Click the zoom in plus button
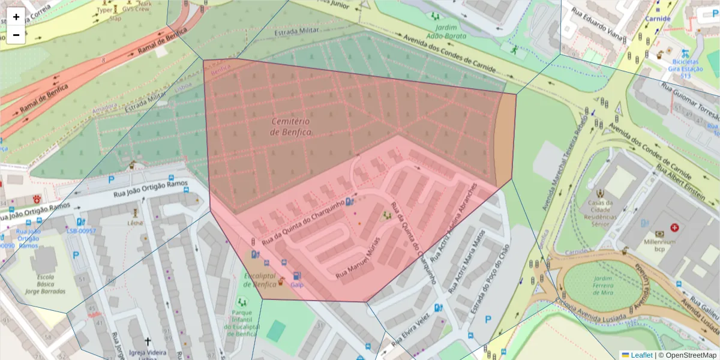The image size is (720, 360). coord(16,17)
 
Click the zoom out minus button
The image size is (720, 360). coord(16,35)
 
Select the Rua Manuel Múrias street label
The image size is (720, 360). coord(358,265)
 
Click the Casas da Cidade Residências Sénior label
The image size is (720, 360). coord(600,212)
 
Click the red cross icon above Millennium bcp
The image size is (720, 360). coord(674,228)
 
